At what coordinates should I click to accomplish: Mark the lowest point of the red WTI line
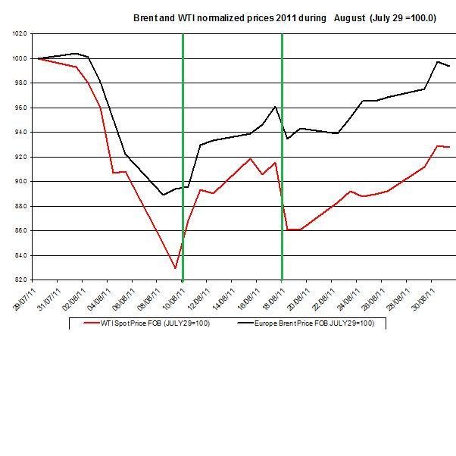coord(175,268)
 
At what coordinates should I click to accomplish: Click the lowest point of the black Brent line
coord(162,195)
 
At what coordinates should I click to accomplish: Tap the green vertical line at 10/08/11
coord(183,151)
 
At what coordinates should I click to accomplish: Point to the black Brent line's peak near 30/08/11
coord(438,61)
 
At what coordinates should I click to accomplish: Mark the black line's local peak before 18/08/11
coord(274,107)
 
